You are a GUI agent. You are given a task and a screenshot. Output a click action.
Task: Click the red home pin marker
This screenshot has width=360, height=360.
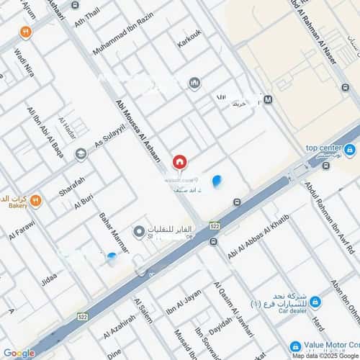(179, 163)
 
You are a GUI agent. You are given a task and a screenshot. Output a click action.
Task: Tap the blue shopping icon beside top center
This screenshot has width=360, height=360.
(350, 150)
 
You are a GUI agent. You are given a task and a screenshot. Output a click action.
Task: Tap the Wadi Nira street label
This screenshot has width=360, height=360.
(24, 58)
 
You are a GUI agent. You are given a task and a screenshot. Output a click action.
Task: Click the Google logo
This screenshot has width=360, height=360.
(19, 353)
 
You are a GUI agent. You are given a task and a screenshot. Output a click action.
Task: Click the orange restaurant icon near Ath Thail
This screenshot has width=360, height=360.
(26, 31)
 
